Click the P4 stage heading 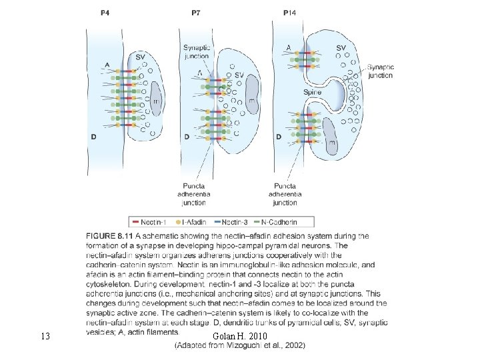pos(105,13)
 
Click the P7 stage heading pos(197,13)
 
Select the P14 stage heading pos(290,13)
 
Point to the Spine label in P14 pos(312,93)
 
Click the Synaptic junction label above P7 pos(197,52)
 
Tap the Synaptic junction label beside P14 pos(380,71)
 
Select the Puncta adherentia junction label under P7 pos(194,193)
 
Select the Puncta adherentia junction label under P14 pos(285,193)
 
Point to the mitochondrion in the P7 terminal pos(252,93)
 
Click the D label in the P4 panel pos(94,137)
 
